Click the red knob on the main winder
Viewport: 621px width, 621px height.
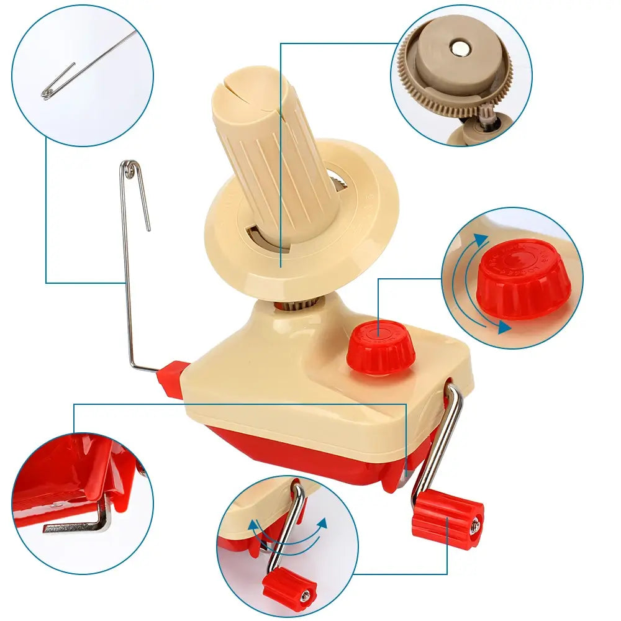(380, 347)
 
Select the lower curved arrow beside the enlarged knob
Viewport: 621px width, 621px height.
(491, 323)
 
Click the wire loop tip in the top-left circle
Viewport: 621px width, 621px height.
(47, 94)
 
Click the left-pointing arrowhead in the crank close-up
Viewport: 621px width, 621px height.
(253, 525)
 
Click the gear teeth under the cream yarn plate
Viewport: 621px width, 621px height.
(304, 303)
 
